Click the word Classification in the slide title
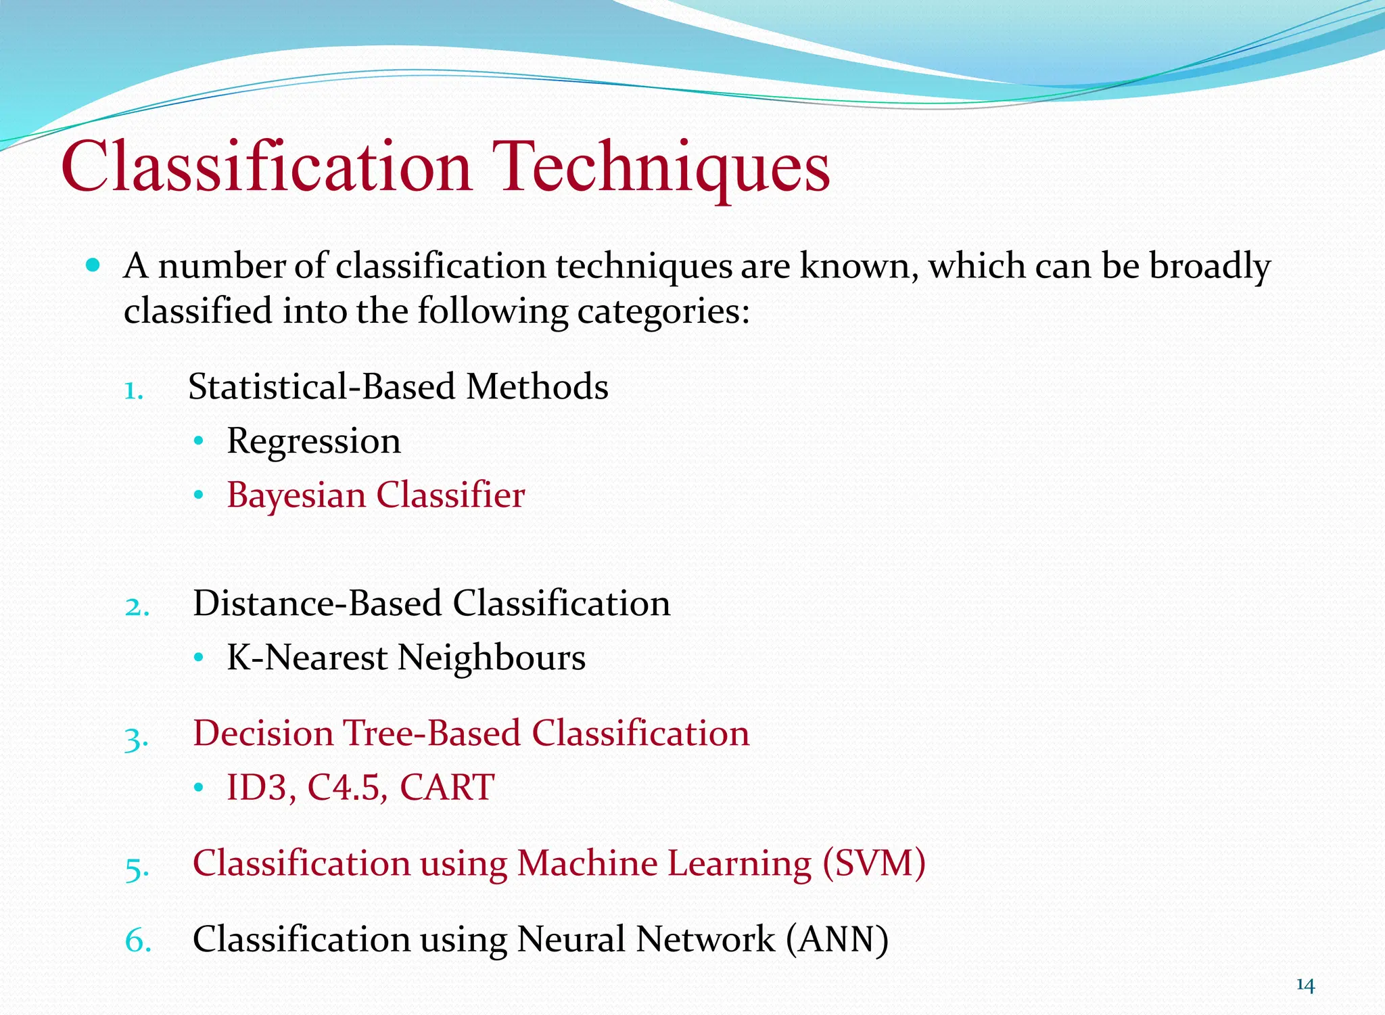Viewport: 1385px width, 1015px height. click(x=266, y=166)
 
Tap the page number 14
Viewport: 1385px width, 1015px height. click(x=1305, y=985)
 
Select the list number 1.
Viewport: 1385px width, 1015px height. click(x=133, y=390)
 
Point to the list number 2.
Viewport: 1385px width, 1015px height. click(x=137, y=606)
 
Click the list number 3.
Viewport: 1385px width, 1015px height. click(x=136, y=738)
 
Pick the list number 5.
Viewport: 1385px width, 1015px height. click(x=137, y=867)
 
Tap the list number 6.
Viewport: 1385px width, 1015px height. click(x=137, y=941)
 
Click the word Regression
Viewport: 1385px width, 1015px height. click(x=314, y=442)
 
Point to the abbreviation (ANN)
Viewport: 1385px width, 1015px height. click(x=837, y=940)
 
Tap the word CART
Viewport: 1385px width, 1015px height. click(x=447, y=788)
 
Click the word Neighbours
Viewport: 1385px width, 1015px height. click(x=491, y=658)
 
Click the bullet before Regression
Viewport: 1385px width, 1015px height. click(x=198, y=442)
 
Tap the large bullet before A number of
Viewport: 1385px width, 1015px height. click(x=93, y=265)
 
